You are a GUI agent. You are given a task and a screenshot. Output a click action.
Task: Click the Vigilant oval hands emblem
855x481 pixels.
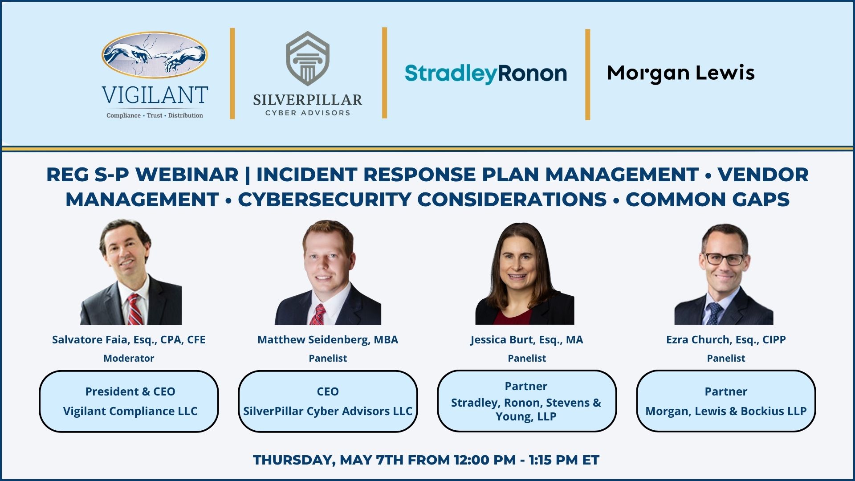pyautogui.click(x=155, y=55)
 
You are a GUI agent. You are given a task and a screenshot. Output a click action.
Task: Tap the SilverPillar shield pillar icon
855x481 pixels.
pyautogui.click(x=307, y=59)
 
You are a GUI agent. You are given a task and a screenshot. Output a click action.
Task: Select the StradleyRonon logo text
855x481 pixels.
pyautogui.click(x=485, y=73)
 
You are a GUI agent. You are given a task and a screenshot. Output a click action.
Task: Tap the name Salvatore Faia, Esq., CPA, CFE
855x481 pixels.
pyautogui.click(x=129, y=340)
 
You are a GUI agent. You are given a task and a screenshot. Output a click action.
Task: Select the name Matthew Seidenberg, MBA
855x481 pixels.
pyautogui.click(x=328, y=340)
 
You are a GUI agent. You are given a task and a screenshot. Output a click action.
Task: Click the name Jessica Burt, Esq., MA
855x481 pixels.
pyautogui.click(x=526, y=340)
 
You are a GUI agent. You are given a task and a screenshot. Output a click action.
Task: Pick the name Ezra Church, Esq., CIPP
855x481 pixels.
pyautogui.click(x=726, y=340)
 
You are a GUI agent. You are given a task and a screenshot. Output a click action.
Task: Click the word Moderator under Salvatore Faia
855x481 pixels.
pyautogui.click(x=129, y=359)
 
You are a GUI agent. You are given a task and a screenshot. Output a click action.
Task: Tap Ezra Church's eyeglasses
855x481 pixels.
pyautogui.click(x=723, y=259)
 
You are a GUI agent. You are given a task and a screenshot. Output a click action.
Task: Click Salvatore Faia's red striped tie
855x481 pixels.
pyautogui.click(x=135, y=310)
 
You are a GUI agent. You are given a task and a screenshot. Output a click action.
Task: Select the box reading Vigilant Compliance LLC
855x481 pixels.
pyautogui.click(x=129, y=401)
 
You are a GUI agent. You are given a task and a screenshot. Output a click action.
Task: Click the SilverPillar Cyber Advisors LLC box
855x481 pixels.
pyautogui.click(x=328, y=401)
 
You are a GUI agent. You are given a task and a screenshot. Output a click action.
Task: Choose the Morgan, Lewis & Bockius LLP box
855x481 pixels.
pyautogui.click(x=726, y=401)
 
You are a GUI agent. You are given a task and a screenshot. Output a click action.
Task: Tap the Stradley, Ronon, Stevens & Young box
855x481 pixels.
pyautogui.click(x=526, y=401)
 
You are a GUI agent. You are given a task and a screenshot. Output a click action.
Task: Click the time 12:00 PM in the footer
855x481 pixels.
pyautogui.click(x=484, y=460)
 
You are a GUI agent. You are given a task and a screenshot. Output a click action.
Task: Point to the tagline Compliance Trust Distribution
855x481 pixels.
pyautogui.click(x=155, y=115)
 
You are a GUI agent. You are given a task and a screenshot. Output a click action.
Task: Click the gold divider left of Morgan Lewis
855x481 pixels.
pyautogui.click(x=587, y=74)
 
